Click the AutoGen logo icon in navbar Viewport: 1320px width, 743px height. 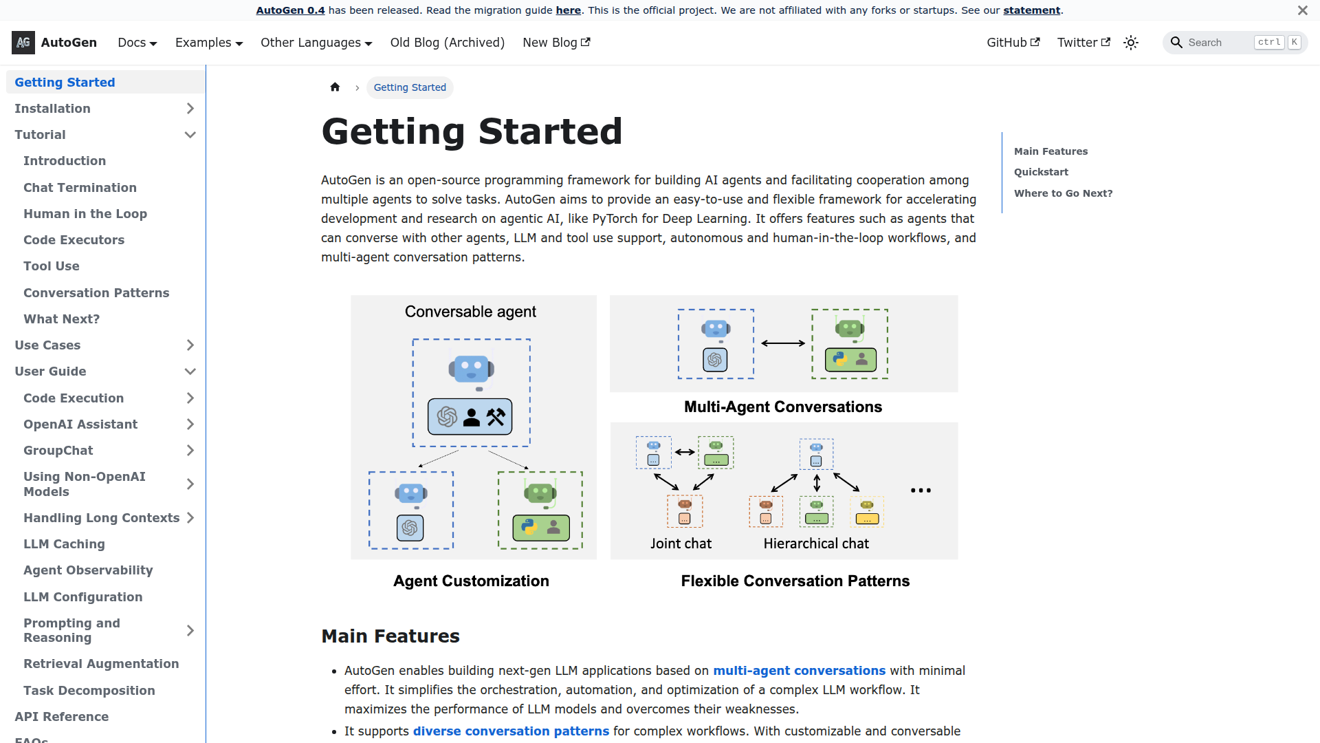tap(23, 43)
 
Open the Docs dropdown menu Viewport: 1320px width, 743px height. tap(137, 43)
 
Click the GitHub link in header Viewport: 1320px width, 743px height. tap(1013, 43)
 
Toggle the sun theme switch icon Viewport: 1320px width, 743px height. tap(1131, 43)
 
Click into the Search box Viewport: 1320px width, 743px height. tap(1217, 43)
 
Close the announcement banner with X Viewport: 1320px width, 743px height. tap(1302, 10)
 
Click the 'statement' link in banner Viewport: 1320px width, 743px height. tap(1031, 10)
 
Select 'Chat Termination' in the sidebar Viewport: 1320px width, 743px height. tap(80, 187)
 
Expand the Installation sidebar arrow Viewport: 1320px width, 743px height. tap(190, 109)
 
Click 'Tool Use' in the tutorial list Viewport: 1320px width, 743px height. tap(52, 266)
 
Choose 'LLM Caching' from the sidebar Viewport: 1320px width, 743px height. tap(64, 544)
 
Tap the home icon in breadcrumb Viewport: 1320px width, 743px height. tap(335, 87)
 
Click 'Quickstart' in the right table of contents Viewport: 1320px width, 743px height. tap(1041, 172)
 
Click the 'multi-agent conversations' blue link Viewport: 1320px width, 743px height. tap(799, 671)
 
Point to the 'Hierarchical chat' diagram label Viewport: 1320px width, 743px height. tap(816, 543)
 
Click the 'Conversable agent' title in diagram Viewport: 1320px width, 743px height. tap(470, 312)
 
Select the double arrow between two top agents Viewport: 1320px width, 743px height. tap(782, 343)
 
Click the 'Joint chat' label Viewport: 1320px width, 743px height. tap(681, 543)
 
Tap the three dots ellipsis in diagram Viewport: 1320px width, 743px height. tap(921, 491)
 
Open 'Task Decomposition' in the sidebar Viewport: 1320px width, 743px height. tap(89, 691)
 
